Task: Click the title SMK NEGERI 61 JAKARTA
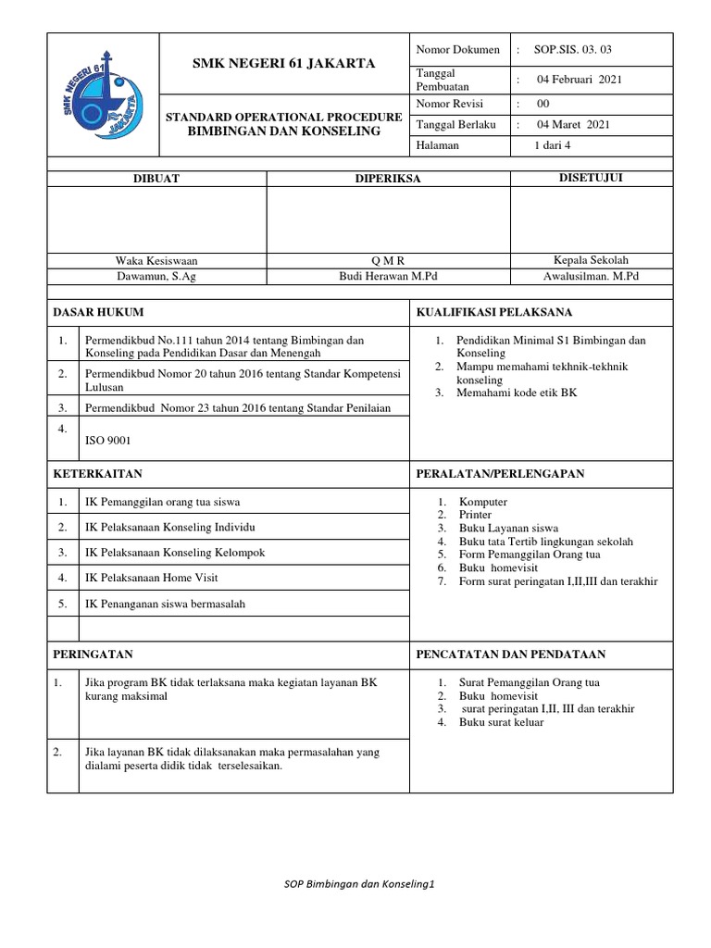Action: [x=283, y=64]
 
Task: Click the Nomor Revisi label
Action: [x=450, y=104]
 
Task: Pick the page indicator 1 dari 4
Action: [x=553, y=145]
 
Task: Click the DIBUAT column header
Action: [x=156, y=179]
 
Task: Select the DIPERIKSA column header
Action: [x=388, y=179]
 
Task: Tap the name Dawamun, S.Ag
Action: [x=156, y=276]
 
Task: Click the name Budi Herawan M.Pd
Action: [x=388, y=276]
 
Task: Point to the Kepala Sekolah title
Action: [x=591, y=260]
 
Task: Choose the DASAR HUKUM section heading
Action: [x=96, y=312]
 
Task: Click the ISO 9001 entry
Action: [x=108, y=442]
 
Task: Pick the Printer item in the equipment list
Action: [x=476, y=515]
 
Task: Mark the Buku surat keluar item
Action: [x=501, y=722]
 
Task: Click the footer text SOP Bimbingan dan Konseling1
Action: [x=358, y=884]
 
